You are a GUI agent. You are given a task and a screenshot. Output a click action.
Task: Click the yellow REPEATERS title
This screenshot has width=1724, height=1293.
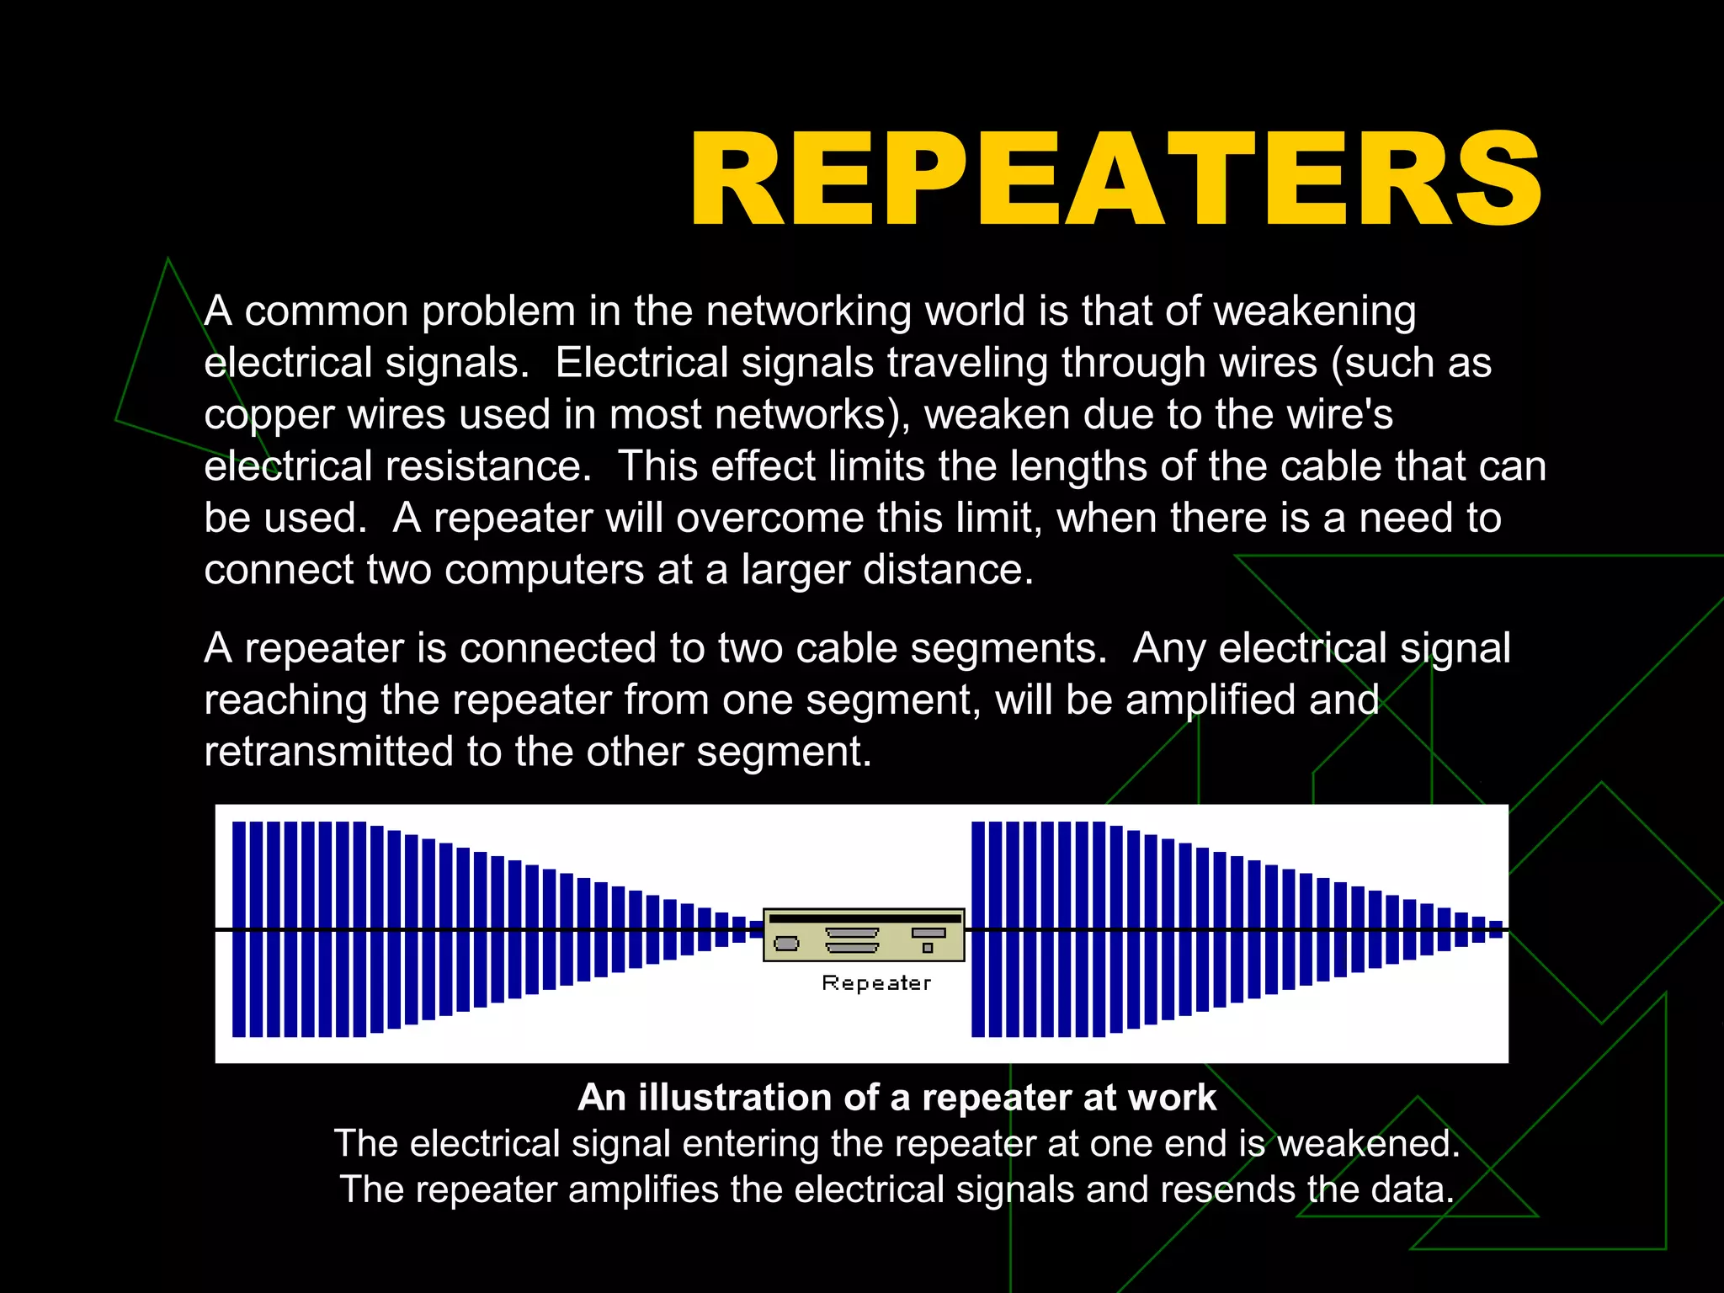pos(1115,179)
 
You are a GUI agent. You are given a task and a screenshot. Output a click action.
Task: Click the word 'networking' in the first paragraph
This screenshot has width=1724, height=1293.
pos(808,311)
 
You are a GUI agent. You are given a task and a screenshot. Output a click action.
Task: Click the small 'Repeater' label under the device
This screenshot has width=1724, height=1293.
pos(876,983)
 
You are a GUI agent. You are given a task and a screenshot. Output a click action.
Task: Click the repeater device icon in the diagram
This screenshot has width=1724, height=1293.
pos(864,934)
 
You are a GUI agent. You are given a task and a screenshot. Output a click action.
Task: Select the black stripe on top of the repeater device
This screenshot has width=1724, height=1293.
pos(864,918)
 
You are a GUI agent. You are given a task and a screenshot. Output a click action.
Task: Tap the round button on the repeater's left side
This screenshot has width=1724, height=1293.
pos(786,943)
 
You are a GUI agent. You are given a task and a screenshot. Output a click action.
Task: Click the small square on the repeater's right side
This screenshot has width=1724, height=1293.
pos(928,948)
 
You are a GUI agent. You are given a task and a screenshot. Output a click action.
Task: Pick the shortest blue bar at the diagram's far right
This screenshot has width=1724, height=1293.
pos(1496,929)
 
